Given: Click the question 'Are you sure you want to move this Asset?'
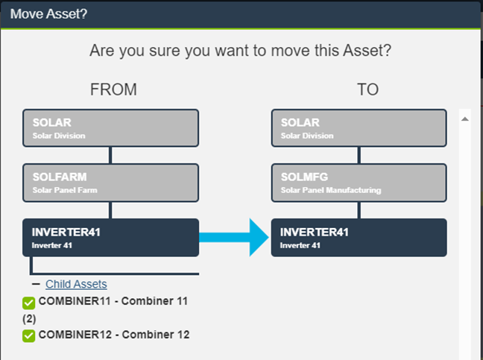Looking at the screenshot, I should [x=241, y=51].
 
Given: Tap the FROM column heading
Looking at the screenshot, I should [x=113, y=90].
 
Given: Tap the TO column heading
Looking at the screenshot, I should [x=367, y=90].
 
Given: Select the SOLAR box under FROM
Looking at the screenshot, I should [x=110, y=128].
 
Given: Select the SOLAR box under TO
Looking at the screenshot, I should [x=359, y=128].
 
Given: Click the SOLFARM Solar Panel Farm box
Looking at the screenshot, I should [x=110, y=183].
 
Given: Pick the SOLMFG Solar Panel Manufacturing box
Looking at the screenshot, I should [x=359, y=183].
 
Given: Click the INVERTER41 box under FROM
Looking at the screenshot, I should [x=110, y=237].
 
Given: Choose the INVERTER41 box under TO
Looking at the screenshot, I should [x=359, y=237].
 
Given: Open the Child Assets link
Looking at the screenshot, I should [x=76, y=284].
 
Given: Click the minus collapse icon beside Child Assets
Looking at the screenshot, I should [x=35, y=284].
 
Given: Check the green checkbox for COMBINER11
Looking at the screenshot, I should [x=29, y=303].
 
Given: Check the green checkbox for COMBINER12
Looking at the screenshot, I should [x=29, y=335].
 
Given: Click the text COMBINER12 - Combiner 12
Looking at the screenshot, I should [x=114, y=335].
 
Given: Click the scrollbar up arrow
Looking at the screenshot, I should [x=465, y=119].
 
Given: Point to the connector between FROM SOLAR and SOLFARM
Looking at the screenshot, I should [x=110, y=155].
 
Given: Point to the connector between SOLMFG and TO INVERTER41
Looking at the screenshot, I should [x=359, y=209].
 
